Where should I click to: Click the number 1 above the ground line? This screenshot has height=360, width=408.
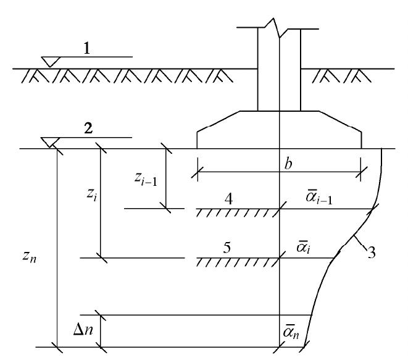click(88, 48)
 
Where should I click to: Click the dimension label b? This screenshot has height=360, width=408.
click(288, 164)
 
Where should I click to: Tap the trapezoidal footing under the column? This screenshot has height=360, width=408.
click(279, 130)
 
